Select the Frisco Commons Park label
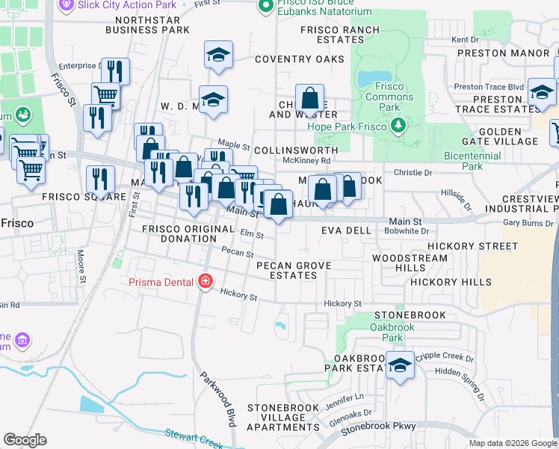pyautogui.click(x=389, y=97)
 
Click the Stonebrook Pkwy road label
pyautogui.click(x=377, y=430)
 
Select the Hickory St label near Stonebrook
pyautogui.click(x=343, y=304)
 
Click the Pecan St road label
pyautogui.click(x=238, y=253)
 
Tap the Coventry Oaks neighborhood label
pyautogui.click(x=300, y=59)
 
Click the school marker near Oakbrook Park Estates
pyautogui.click(x=401, y=365)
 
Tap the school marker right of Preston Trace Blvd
pyautogui.click(x=541, y=93)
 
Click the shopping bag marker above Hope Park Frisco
pyautogui.click(x=309, y=99)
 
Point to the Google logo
pyautogui.click(x=25, y=440)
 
